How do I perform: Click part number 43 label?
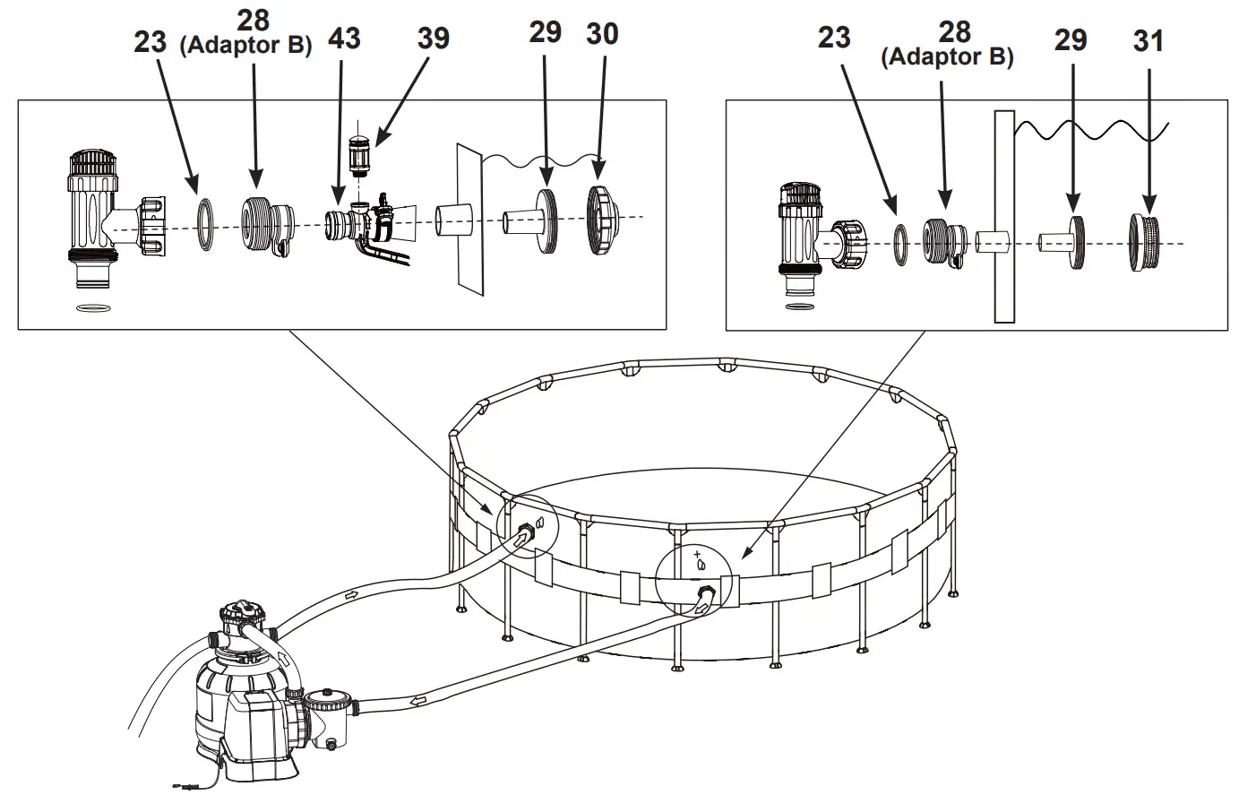pyautogui.click(x=344, y=39)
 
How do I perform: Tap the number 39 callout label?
pyautogui.click(x=433, y=39)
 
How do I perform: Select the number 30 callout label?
pyautogui.click(x=602, y=34)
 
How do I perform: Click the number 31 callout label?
pyautogui.click(x=1148, y=41)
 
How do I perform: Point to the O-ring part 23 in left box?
pyautogui.click(x=206, y=226)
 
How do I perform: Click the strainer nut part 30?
pyautogui.click(x=600, y=220)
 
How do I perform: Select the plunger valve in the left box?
pyautogui.click(x=94, y=220)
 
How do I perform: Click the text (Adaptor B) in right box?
pyautogui.click(x=947, y=58)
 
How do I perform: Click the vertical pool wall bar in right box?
pyautogui.click(x=1003, y=216)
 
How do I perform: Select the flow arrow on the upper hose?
pyautogui.click(x=351, y=595)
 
